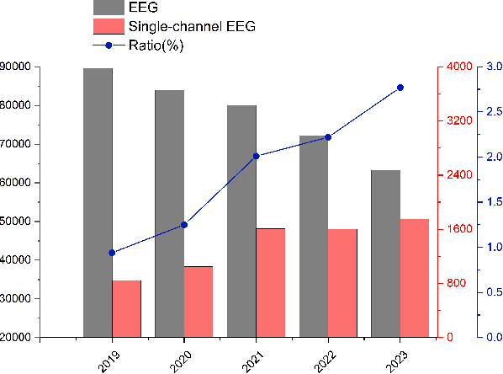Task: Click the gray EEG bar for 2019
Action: click(x=98, y=202)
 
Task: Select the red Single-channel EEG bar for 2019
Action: click(x=126, y=308)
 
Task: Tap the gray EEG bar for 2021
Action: click(x=241, y=221)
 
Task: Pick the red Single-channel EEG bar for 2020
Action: click(x=199, y=302)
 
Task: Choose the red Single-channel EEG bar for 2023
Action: click(x=415, y=278)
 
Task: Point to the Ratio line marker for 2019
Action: click(x=112, y=253)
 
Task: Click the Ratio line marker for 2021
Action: click(x=256, y=156)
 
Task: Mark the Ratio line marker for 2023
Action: click(x=400, y=88)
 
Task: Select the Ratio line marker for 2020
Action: click(x=184, y=225)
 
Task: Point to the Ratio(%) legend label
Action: click(x=157, y=45)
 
